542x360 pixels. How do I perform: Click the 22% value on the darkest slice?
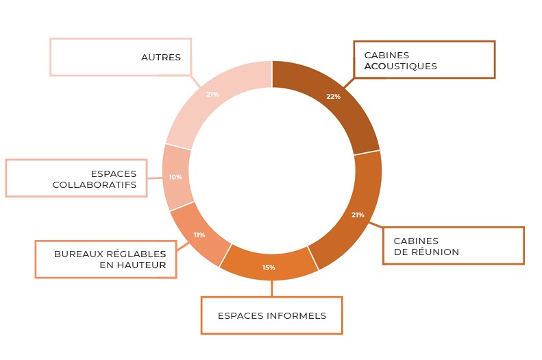333,97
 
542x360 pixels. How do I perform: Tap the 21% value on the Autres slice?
212,95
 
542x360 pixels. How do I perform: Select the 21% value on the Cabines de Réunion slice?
358,215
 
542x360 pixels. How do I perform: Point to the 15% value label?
269,267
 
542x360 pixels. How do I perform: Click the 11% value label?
199,235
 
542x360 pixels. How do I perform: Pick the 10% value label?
175,177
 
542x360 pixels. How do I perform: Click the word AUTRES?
161,57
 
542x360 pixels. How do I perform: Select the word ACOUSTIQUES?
401,66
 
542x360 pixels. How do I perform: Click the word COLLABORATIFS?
95,184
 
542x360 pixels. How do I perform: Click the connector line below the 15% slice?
272,289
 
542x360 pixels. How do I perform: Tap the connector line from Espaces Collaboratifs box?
155,178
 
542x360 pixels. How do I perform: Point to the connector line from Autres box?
196,81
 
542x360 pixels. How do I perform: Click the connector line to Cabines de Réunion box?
375,225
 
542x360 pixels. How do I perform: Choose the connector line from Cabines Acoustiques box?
349,83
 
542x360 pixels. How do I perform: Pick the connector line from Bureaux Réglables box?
183,246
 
